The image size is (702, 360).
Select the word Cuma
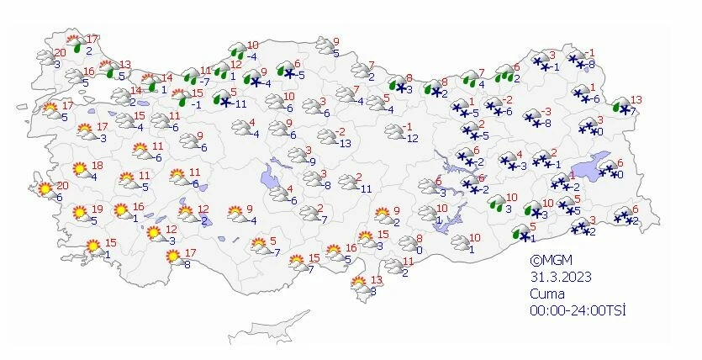pyautogui.click(x=546, y=294)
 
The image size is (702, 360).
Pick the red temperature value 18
pyautogui.click(x=97, y=166)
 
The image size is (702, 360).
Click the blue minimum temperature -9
pyautogui.click(x=311, y=161)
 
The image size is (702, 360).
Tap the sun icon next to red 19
pyautogui.click(x=79, y=214)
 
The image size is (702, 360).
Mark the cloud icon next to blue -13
pyautogui.click(x=327, y=137)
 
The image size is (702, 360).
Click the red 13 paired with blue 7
pyautogui.click(x=635, y=99)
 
